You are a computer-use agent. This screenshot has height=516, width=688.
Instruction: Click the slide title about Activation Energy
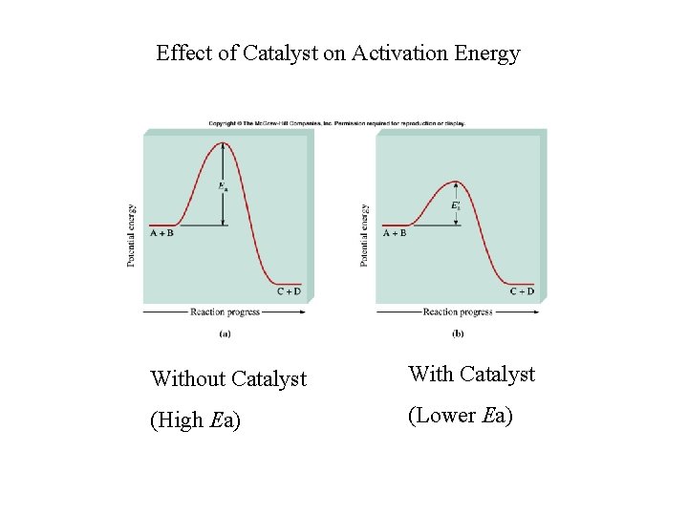pyautogui.click(x=337, y=54)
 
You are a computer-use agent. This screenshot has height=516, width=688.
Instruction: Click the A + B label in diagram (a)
pyautogui.click(x=162, y=232)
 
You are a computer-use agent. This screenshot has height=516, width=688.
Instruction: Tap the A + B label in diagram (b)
pyautogui.click(x=395, y=232)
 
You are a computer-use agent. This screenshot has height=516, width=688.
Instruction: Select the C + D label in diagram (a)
pyautogui.click(x=289, y=291)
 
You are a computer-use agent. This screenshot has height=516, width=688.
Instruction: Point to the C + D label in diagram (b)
pyautogui.click(x=522, y=291)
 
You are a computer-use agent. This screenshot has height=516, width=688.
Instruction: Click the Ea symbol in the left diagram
pyautogui.click(x=223, y=186)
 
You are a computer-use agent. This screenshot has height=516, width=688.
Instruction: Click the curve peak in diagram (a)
pyautogui.click(x=223, y=143)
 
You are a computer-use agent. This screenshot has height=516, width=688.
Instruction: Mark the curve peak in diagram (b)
pyautogui.click(x=458, y=182)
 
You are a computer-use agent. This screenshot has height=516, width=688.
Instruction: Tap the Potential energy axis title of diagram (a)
pyautogui.click(x=132, y=234)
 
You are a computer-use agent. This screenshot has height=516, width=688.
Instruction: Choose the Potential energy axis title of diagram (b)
pyautogui.click(x=365, y=234)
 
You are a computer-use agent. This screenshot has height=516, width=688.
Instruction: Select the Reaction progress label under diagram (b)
pyautogui.click(x=458, y=312)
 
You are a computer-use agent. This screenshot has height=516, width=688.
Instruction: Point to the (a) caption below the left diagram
pyautogui.click(x=225, y=333)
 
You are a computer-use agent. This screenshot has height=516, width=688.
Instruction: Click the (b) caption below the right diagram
pyautogui.click(x=458, y=333)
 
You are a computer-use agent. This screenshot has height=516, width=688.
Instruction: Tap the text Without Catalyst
pyautogui.click(x=228, y=379)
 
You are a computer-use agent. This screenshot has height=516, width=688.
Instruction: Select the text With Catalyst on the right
pyautogui.click(x=471, y=374)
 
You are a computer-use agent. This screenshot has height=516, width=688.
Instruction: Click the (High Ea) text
pyautogui.click(x=196, y=419)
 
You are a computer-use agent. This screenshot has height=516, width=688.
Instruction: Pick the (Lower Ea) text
pyautogui.click(x=461, y=415)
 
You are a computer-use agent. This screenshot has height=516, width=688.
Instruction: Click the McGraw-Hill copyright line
pyautogui.click(x=336, y=123)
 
